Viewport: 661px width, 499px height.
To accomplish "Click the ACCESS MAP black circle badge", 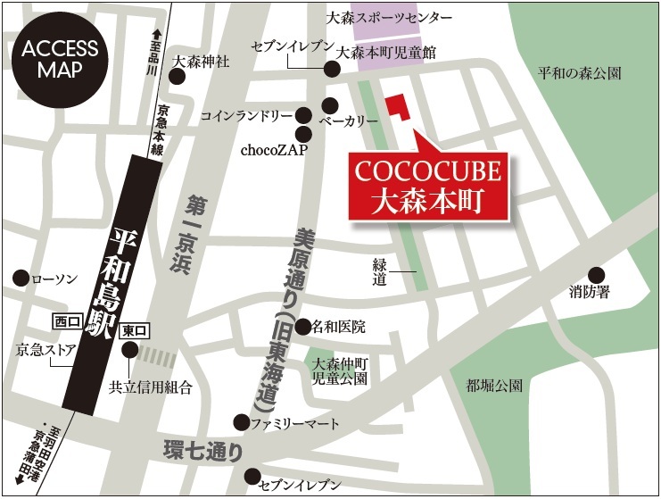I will coord(60,60).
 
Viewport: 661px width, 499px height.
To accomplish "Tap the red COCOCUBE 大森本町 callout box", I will coord(426,185).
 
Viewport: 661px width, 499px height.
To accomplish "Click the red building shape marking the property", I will coord(398,107).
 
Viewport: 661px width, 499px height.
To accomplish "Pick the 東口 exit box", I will coord(133,329).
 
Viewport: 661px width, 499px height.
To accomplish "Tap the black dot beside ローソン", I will coord(20,279).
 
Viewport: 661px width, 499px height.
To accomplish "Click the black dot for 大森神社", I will coord(178,78).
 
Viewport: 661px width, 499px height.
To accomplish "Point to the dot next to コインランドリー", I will coord(303,115).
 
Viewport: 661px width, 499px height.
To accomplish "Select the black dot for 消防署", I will coord(596,275).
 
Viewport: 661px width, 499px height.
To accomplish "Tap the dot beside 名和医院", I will coord(303,327).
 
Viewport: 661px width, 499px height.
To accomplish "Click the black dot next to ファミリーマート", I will coord(241,421).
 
